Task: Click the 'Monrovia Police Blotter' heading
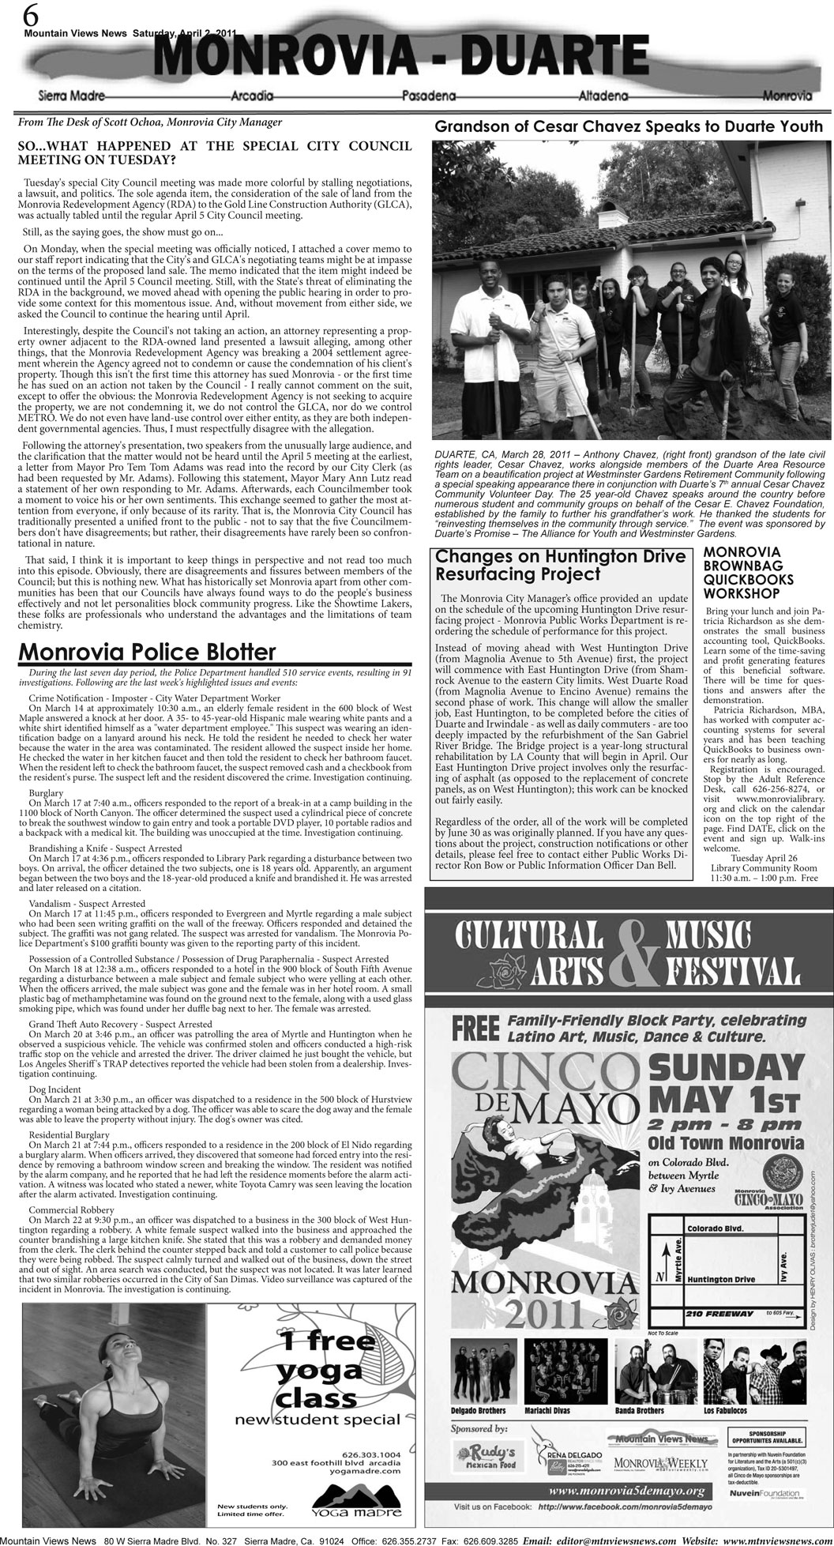(147, 652)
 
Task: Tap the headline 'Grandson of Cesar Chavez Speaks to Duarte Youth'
(629, 127)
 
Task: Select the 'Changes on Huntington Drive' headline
(560, 556)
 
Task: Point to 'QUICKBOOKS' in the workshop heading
(742, 579)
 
